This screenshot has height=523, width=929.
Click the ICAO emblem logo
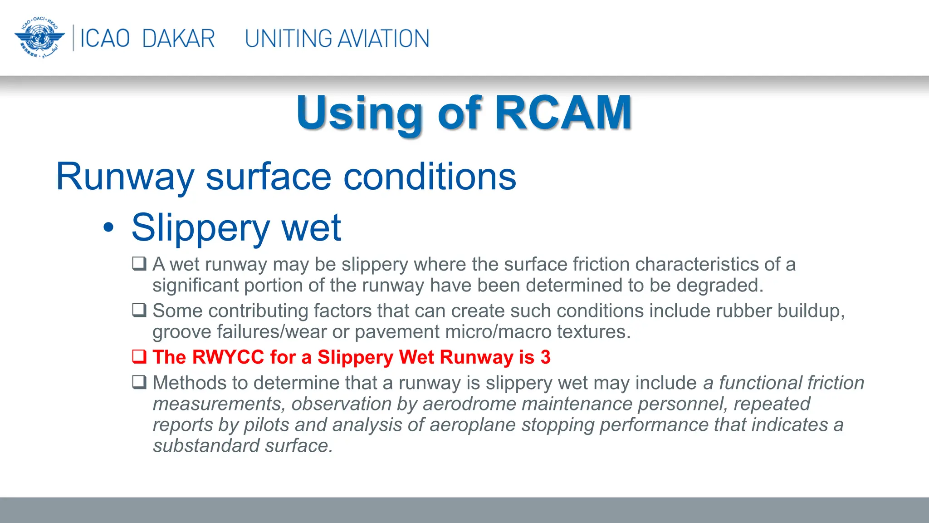click(x=39, y=38)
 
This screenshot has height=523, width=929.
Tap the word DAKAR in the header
click(x=178, y=39)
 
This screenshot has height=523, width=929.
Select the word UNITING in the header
click(x=288, y=39)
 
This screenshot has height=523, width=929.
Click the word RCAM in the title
click(x=563, y=113)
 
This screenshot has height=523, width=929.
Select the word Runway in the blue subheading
click(x=125, y=177)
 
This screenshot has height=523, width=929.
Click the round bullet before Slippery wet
click(x=108, y=227)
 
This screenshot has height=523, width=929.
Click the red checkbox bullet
click(x=139, y=356)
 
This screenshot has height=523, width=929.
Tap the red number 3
click(x=545, y=357)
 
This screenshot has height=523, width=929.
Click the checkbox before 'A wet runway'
click(x=139, y=263)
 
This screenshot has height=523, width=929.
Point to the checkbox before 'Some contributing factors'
click(x=139, y=310)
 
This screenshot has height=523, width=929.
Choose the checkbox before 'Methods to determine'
click(x=139, y=382)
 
